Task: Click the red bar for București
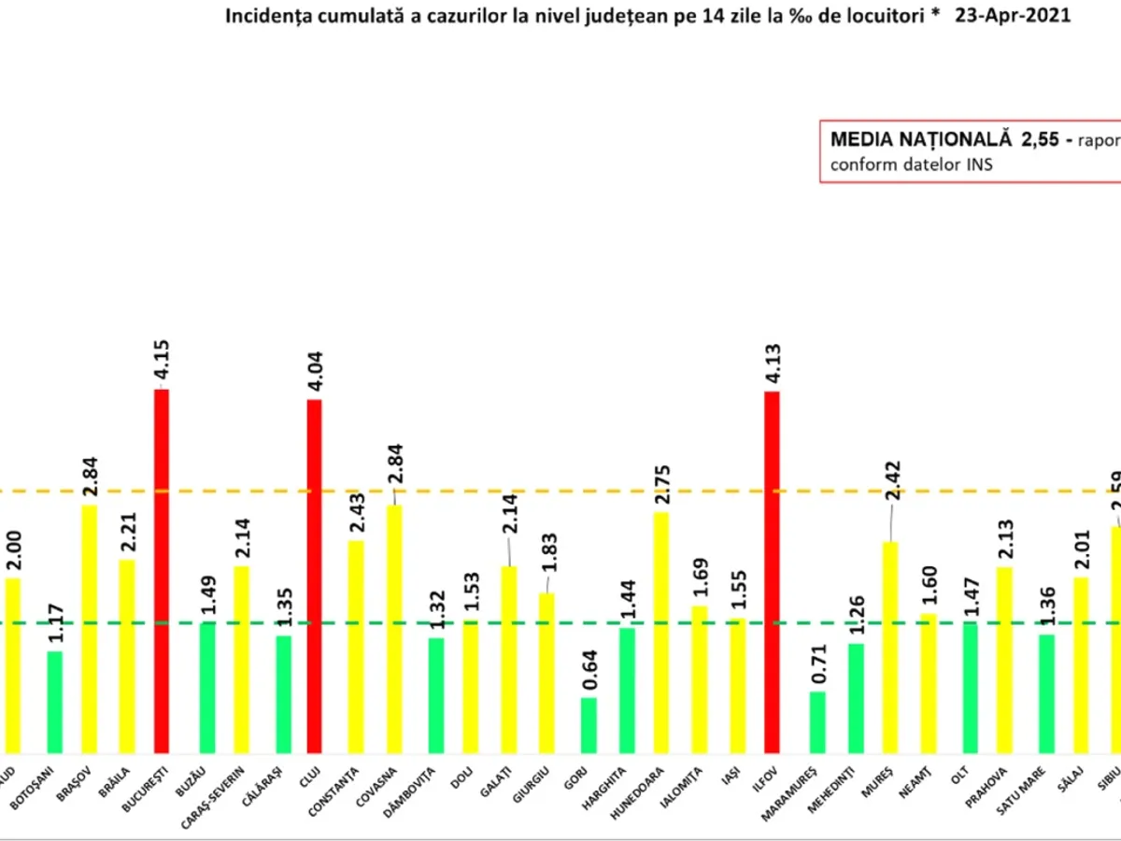tap(162, 570)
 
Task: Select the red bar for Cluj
tap(314, 576)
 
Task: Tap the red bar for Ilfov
tap(772, 572)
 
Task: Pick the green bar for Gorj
tap(589, 725)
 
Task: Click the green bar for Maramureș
tap(817, 721)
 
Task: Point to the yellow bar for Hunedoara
tap(661, 632)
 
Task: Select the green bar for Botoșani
tap(55, 702)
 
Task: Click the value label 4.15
tap(162, 363)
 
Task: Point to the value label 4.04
tap(314, 374)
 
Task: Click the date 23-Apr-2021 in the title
tap(1013, 17)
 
